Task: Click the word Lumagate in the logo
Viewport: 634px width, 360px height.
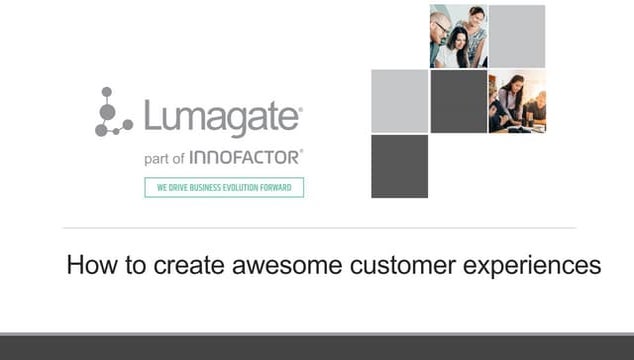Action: pyautogui.click(x=222, y=118)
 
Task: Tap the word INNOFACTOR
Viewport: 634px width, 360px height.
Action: pyautogui.click(x=245, y=157)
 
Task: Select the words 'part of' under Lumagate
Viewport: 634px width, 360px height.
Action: pyautogui.click(x=164, y=158)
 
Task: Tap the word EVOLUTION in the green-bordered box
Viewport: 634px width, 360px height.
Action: pyautogui.click(x=243, y=187)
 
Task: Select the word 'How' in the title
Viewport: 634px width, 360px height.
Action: pyautogui.click(x=85, y=266)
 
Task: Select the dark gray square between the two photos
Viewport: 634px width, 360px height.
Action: pyautogui.click(x=458, y=101)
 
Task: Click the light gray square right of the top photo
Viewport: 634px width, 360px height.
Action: pyautogui.click(x=517, y=36)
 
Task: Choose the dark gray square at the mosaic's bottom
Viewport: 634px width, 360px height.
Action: pyautogui.click(x=399, y=166)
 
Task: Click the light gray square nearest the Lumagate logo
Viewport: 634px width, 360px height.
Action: pyautogui.click(x=399, y=101)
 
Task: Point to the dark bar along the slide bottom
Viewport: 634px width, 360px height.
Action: pyautogui.click(x=317, y=348)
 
